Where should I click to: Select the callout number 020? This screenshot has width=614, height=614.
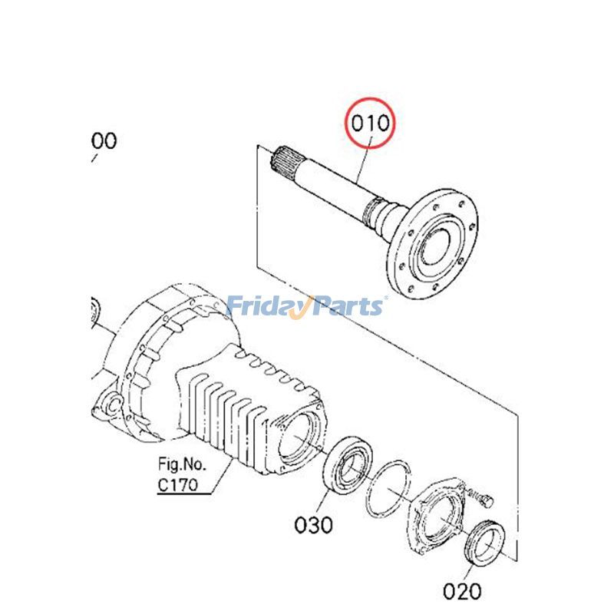[462, 591]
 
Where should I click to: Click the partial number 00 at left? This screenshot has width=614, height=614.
[104, 141]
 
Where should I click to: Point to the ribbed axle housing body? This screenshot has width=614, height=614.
[230, 399]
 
